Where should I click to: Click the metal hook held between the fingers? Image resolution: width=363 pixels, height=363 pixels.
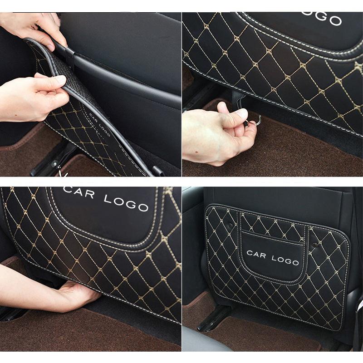click(x=255, y=121)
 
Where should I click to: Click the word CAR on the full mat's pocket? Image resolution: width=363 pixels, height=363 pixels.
click(x=256, y=253)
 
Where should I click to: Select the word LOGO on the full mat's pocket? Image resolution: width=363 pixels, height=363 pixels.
click(x=285, y=260)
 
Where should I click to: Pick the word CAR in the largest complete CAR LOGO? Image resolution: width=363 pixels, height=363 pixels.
click(x=80, y=192)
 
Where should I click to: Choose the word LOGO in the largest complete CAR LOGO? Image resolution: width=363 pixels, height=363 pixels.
click(x=126, y=202)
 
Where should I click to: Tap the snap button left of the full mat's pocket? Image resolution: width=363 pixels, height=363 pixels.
click(x=230, y=226)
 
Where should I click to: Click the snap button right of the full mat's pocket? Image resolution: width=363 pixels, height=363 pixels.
click(x=314, y=245)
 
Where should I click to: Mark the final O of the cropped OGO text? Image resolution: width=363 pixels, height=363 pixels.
click(x=336, y=20)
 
